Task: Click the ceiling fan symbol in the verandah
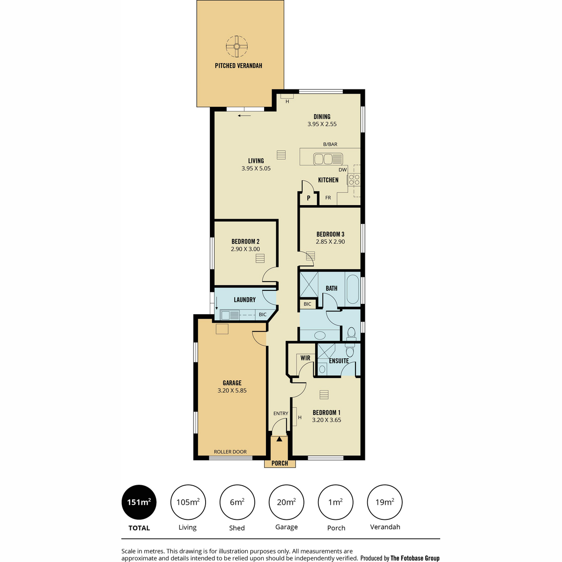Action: [x=237, y=46]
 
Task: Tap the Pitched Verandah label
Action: [x=238, y=66]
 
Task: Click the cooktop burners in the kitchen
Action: [x=354, y=180]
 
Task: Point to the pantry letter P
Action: [x=308, y=198]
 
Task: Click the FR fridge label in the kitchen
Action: [x=328, y=198]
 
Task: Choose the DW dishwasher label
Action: [x=343, y=170]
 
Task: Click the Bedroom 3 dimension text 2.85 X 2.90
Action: [x=330, y=242]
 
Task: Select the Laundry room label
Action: [x=244, y=300]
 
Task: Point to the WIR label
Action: [x=305, y=358]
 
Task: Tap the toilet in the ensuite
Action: [x=350, y=350]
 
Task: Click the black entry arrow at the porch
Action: [x=279, y=439]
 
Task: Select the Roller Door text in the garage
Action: [x=230, y=452]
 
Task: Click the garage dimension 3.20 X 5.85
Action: [x=232, y=390]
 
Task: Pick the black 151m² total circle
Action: [x=139, y=502]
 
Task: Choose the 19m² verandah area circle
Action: [x=385, y=502]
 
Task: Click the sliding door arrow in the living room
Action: [x=244, y=116]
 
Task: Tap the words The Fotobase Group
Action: [x=415, y=558]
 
